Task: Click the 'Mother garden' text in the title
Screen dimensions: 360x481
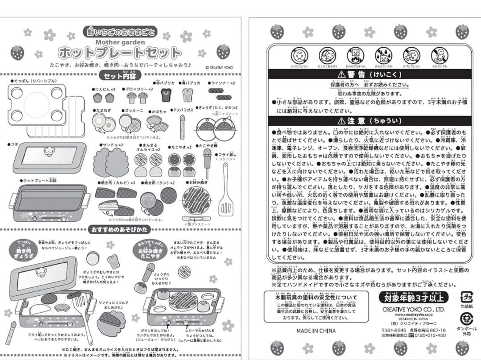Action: click(120, 42)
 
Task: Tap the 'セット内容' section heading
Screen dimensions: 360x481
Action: click(120, 75)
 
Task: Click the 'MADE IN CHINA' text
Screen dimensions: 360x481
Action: click(316, 331)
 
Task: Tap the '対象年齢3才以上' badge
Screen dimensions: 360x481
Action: click(413, 297)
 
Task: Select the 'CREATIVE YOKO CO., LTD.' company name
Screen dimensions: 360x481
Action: click(413, 309)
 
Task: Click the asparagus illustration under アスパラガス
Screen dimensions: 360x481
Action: click(182, 126)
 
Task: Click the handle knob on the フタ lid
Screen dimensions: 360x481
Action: click(48, 151)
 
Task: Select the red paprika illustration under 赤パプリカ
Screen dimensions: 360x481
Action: click(166, 94)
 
